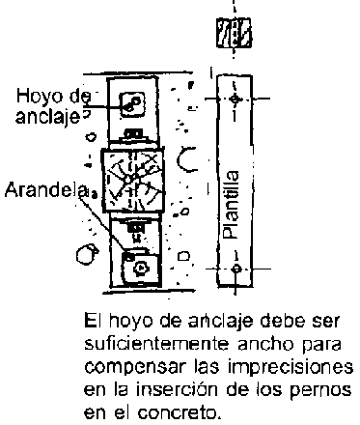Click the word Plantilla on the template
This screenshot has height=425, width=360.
[233, 205]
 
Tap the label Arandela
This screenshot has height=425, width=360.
[45, 190]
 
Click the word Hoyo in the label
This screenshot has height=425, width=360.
[32, 96]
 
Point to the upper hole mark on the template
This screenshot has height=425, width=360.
[235, 99]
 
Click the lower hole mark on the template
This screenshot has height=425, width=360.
[236, 269]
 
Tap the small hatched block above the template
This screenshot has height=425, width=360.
[234, 33]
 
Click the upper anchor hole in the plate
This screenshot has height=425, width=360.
[132, 104]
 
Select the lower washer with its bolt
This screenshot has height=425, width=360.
[140, 268]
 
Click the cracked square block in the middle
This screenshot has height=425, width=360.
[133, 180]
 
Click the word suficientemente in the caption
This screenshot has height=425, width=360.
[156, 344]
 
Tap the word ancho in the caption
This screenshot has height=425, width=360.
[265, 344]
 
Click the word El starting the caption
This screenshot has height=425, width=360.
[91, 321]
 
